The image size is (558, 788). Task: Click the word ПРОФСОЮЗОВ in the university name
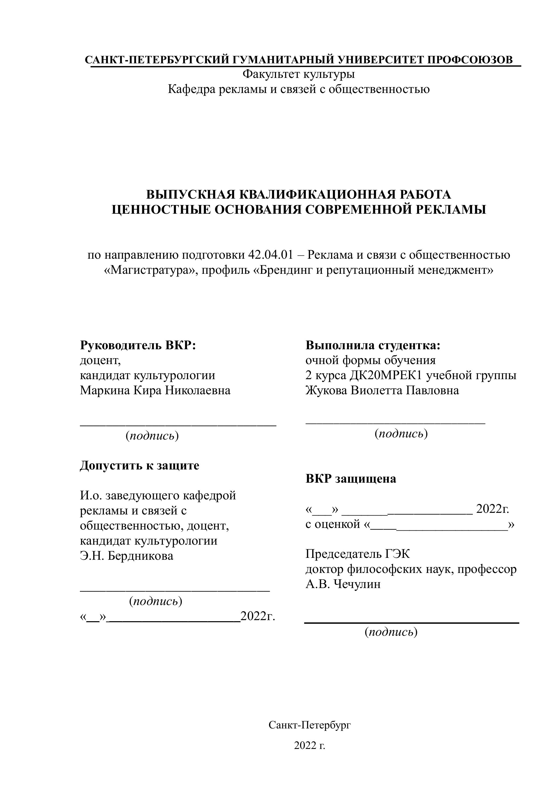470,60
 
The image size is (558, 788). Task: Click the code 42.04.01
270,255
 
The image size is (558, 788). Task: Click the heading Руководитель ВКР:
138,345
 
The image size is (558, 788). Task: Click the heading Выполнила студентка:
373,345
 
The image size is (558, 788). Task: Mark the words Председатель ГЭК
358,554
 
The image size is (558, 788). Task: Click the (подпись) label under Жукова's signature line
401,434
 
